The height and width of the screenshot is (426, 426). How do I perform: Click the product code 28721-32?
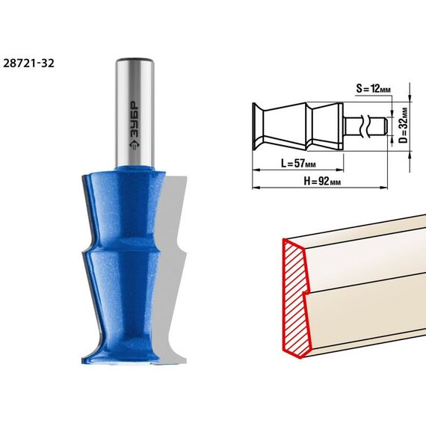click(29, 64)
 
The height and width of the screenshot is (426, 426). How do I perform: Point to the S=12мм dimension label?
click(373, 88)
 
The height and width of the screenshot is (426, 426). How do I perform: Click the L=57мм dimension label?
click(298, 163)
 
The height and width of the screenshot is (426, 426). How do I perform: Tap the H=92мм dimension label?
click(322, 181)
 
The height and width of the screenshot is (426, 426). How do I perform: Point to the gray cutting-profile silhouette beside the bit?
click(172, 269)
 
